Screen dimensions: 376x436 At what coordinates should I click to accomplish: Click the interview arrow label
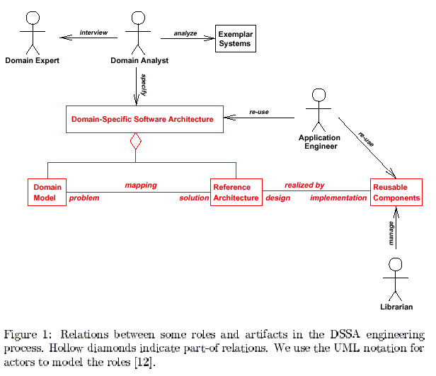tap(93, 32)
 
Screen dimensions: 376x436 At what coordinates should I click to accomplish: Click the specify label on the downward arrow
tap(144, 80)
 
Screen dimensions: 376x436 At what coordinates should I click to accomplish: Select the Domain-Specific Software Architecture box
tap(143, 120)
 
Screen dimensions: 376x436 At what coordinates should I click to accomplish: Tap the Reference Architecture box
tap(236, 192)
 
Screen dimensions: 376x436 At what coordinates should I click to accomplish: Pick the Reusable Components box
tap(396, 192)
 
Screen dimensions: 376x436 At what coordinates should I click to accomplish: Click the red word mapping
tap(141, 185)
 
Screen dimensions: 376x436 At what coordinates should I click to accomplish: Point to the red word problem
tap(84, 198)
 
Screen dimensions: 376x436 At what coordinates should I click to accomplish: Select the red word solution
tap(194, 198)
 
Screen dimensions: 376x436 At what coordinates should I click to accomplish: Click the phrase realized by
tap(304, 185)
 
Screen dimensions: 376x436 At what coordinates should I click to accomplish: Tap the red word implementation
tap(338, 198)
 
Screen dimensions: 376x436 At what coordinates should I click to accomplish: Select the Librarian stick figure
tap(396, 278)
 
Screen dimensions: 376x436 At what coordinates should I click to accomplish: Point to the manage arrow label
tap(391, 234)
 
